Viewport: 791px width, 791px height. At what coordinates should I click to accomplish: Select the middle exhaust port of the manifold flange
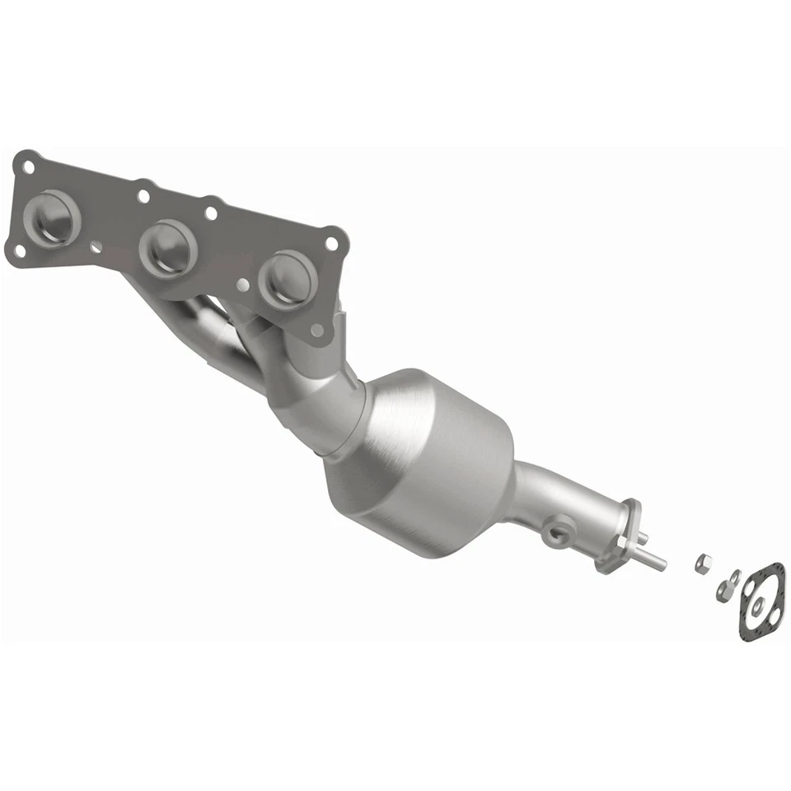click(170, 248)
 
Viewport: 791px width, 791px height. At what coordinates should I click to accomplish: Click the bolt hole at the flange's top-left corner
click(29, 166)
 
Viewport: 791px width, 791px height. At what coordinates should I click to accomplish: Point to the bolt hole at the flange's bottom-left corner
click(19, 250)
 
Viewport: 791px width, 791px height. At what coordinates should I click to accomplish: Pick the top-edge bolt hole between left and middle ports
click(144, 196)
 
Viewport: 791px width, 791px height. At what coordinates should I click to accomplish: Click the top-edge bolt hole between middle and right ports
click(211, 213)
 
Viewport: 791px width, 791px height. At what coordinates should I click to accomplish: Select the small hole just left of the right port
click(242, 284)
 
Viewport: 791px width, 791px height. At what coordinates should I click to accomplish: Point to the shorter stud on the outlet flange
click(643, 537)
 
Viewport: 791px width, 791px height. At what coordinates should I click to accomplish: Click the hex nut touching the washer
click(723, 588)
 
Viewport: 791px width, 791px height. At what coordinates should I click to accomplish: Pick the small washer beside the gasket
click(732, 578)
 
